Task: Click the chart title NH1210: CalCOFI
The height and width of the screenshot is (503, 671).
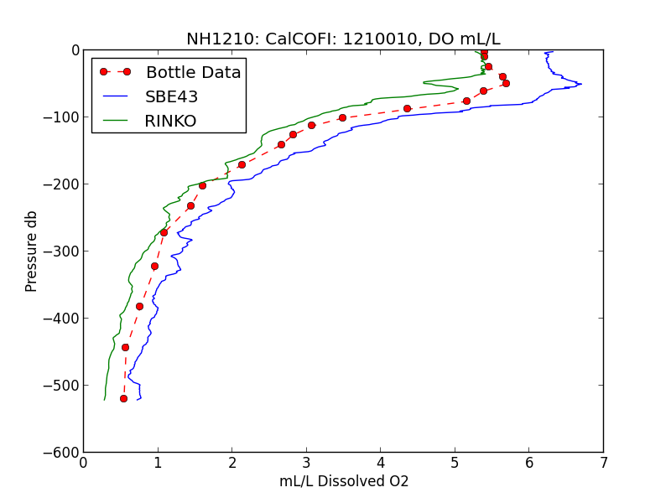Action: pyautogui.click(x=343, y=39)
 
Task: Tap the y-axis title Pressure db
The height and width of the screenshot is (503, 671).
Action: pyautogui.click(x=32, y=251)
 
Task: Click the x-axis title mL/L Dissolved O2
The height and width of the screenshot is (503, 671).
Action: pyautogui.click(x=343, y=482)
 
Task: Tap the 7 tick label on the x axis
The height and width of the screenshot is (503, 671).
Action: pyautogui.click(x=603, y=463)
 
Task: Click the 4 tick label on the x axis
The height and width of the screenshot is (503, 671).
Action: pyautogui.click(x=380, y=463)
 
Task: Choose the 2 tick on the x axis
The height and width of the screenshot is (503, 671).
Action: pyautogui.click(x=231, y=463)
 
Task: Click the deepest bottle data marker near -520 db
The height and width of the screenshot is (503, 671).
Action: pyautogui.click(x=123, y=398)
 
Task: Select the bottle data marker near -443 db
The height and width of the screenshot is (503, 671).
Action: pyautogui.click(x=125, y=347)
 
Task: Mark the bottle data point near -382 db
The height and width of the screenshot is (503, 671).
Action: pyautogui.click(x=139, y=306)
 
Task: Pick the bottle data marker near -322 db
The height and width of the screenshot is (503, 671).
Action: pyautogui.click(x=154, y=266)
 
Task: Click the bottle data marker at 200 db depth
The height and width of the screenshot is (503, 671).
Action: pyautogui.click(x=202, y=185)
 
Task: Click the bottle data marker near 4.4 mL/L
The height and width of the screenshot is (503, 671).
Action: pyautogui.click(x=407, y=108)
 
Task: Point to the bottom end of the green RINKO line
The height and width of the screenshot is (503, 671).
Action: pyautogui.click(x=104, y=400)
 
